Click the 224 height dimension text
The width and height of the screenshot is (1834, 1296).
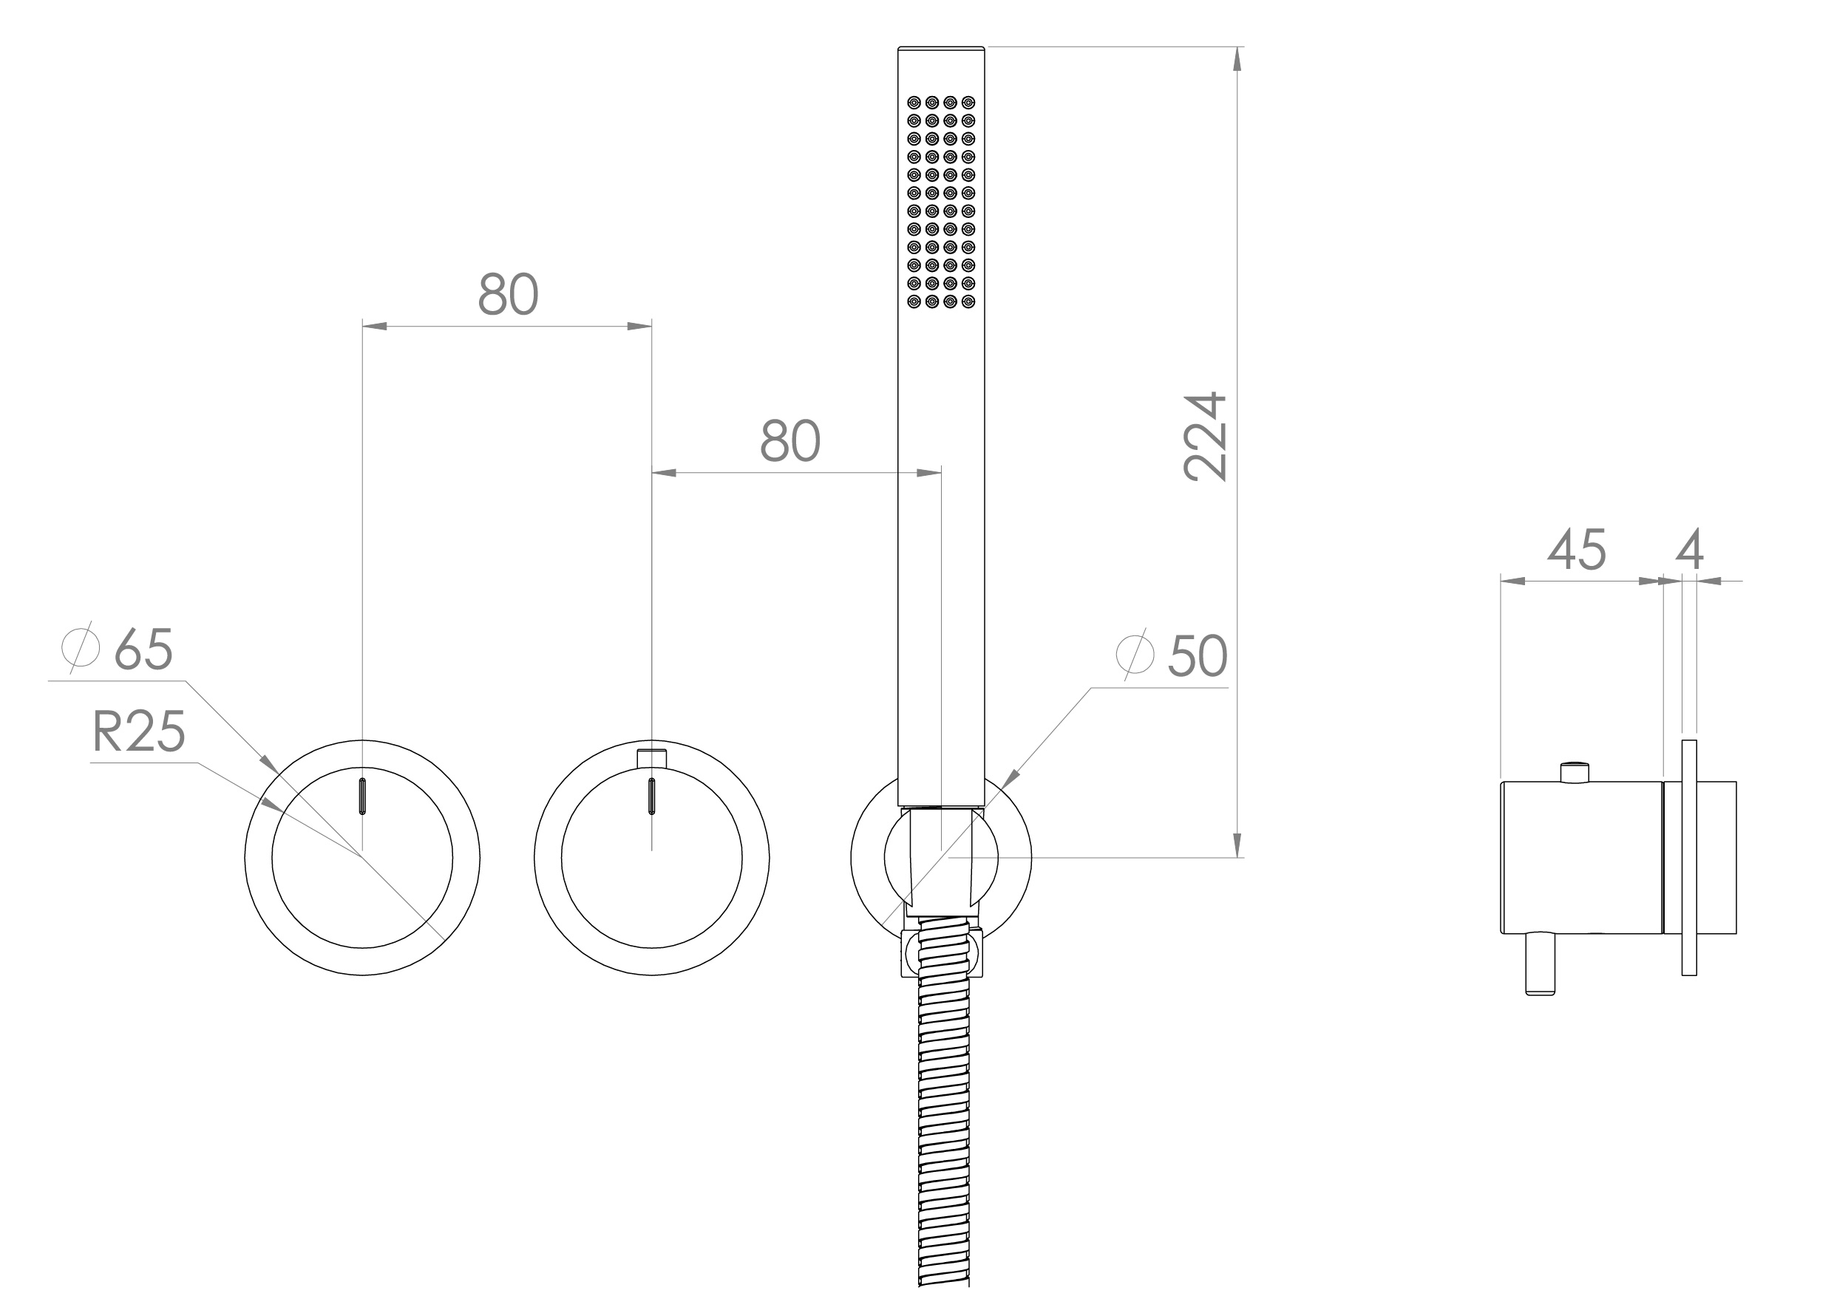coord(1205,437)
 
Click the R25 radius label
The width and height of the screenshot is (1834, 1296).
coord(138,731)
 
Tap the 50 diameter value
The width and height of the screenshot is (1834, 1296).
coord(1197,656)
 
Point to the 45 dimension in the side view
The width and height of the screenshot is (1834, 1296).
coord(1576,550)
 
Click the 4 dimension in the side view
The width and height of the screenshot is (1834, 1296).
coord(1689,550)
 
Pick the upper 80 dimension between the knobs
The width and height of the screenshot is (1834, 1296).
coord(508,295)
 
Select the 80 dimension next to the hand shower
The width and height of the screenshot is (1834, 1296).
coord(789,441)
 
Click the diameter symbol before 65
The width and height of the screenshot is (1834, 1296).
coord(81,647)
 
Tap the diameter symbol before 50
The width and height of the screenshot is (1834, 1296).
coord(1135,655)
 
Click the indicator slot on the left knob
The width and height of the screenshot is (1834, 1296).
coord(363,795)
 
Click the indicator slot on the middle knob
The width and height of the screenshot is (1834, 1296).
coord(652,795)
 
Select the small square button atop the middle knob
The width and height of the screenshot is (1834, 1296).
coord(652,758)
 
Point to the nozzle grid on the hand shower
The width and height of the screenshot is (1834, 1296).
coord(941,202)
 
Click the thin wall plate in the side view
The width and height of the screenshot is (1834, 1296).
coord(1688,858)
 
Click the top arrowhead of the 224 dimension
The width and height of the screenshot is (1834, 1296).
coord(1237,58)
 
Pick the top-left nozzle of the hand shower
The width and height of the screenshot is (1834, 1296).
coord(913,102)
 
